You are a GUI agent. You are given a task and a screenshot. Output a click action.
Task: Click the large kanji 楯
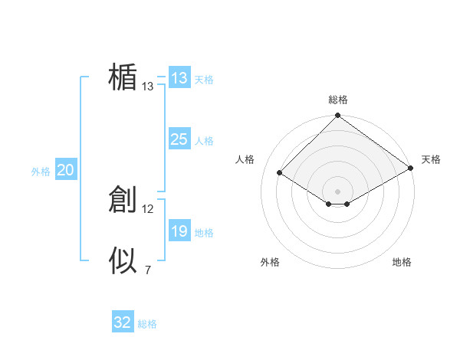tap(123, 77)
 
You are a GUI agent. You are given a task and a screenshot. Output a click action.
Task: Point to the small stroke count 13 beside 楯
tap(148, 87)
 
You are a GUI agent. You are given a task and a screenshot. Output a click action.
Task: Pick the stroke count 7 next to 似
tap(148, 270)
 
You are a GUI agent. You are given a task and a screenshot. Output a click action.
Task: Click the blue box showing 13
tap(179, 78)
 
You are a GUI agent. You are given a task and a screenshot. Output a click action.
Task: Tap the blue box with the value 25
tap(179, 139)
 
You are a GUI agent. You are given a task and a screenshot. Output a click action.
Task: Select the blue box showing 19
tap(179, 231)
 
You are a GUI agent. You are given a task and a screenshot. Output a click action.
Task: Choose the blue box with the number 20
tap(65, 171)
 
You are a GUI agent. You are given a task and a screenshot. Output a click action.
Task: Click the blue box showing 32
tap(123, 322)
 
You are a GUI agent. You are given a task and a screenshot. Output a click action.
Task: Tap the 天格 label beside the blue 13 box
tap(204, 80)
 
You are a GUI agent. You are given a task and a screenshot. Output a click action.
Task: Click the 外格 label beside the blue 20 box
tap(41, 172)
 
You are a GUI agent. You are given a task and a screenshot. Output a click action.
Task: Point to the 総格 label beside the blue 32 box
tap(147, 324)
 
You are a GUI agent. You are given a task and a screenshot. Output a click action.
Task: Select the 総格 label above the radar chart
tap(338, 100)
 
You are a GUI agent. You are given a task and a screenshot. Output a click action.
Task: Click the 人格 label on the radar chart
tap(245, 159)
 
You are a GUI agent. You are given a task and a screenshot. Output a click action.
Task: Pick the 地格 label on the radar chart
tap(402, 262)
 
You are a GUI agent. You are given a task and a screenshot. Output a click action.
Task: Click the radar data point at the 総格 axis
tap(338, 116)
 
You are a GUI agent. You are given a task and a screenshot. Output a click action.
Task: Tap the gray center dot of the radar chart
tap(338, 191)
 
